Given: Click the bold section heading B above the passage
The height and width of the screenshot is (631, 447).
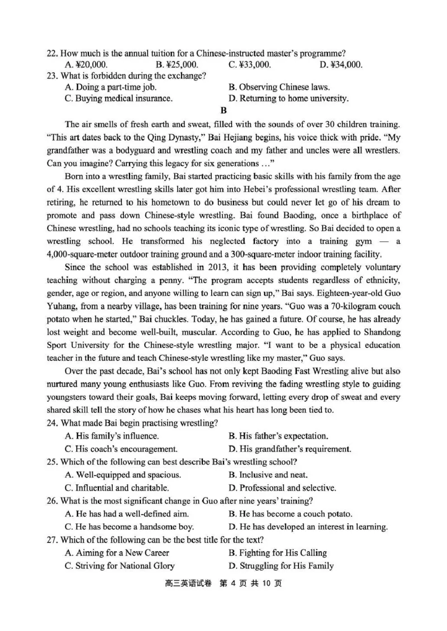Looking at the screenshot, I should coord(224,111).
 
